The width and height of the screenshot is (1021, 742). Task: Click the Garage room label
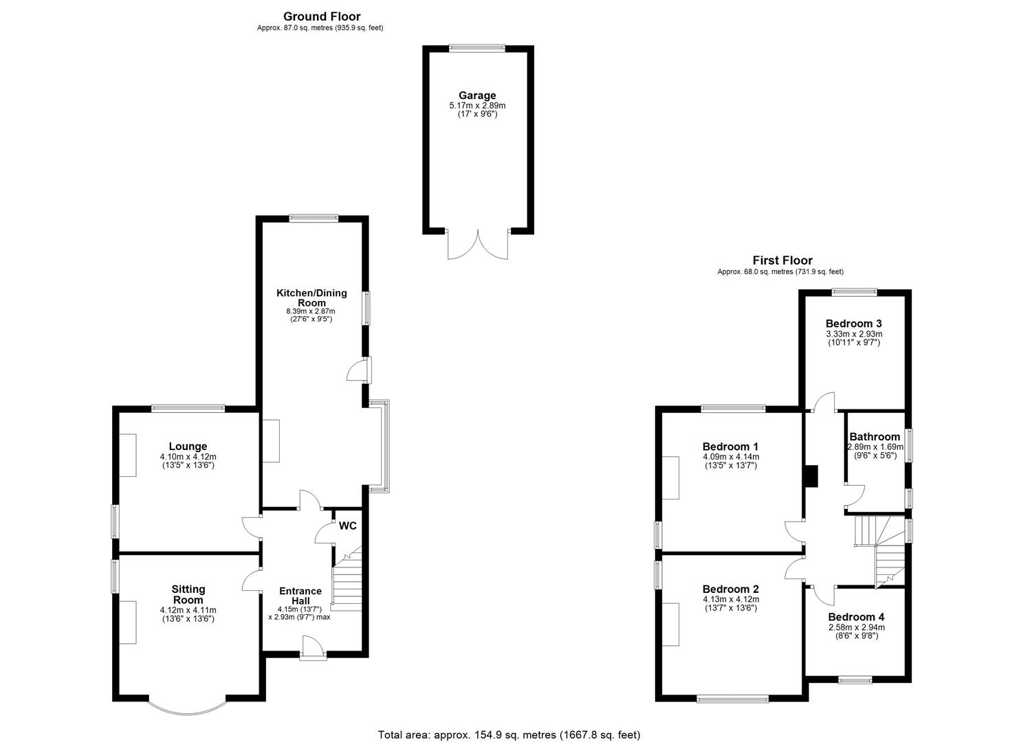tap(477, 95)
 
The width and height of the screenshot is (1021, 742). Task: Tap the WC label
tap(348, 526)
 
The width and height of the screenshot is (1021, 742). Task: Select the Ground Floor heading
tap(322, 16)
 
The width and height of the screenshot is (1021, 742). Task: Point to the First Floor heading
tap(782, 260)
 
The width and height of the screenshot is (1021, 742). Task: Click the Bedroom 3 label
tap(853, 324)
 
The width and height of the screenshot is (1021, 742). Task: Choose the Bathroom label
tap(875, 437)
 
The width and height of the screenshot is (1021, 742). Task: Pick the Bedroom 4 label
tap(856, 617)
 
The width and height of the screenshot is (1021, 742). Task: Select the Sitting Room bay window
tap(187, 708)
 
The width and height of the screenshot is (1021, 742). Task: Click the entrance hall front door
tap(312, 647)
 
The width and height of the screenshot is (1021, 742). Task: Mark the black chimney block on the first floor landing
tap(811, 476)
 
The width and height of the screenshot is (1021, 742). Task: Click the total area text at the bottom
tap(509, 734)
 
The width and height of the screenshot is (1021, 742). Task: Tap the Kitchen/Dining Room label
tap(311, 297)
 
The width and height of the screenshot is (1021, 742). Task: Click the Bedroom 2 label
tap(730, 589)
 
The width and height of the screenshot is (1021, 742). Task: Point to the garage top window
tap(477, 47)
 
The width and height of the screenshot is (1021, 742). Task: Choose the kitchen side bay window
tap(380, 447)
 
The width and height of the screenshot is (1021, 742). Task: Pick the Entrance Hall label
tap(300, 596)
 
